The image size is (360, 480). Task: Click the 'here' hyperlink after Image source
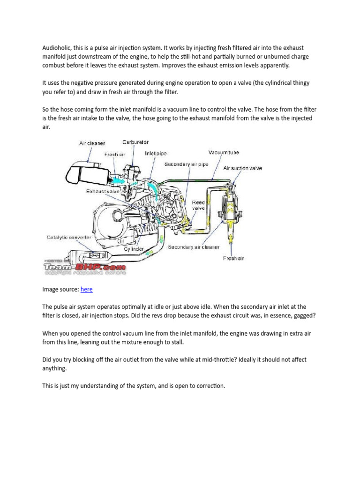[86, 290]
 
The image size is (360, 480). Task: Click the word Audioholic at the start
[58, 47]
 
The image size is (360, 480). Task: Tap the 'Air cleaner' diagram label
[92, 143]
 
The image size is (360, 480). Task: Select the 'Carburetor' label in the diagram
[135, 142]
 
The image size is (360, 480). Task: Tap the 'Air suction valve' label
[242, 168]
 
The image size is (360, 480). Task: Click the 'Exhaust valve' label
[104, 191]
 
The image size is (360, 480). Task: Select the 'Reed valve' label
[198, 205]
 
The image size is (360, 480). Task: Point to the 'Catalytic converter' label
[68, 238]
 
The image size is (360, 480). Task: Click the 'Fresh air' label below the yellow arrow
[233, 258]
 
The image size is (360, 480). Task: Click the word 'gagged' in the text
[303, 315]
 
